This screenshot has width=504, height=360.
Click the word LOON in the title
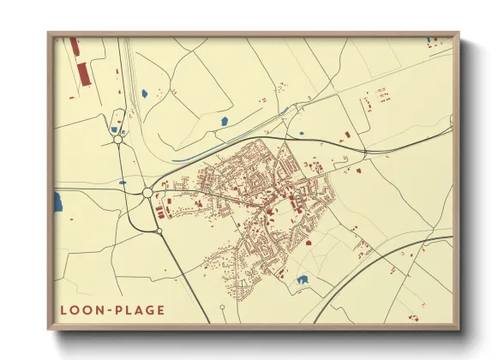(81, 310)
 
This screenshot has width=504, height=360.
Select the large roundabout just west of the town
(147, 194)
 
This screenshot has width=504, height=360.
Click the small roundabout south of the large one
(159, 231)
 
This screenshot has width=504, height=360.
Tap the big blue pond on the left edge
(58, 202)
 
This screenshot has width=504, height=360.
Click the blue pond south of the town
(302, 279)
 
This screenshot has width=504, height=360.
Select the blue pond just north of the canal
(224, 122)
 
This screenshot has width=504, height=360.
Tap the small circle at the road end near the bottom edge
(222, 307)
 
